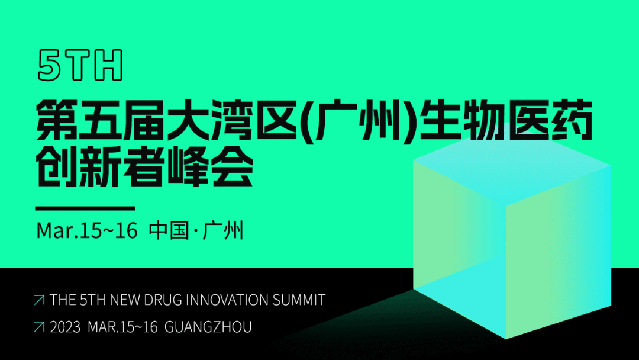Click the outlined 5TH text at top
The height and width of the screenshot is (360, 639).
coord(80,65)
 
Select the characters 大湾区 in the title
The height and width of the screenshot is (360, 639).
coord(205,121)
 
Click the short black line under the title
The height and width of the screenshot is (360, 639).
coord(85,208)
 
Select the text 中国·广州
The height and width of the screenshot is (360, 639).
coord(196,230)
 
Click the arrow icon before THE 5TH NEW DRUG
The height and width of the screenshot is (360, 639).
coord(39,300)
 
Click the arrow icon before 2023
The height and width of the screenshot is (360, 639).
coord(39,327)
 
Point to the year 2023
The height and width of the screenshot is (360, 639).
coord(65,327)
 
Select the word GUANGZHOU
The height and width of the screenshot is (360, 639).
coord(208,327)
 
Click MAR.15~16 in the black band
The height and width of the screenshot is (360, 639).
coord(122,327)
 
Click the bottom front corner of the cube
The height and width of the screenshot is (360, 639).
coord(506,338)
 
